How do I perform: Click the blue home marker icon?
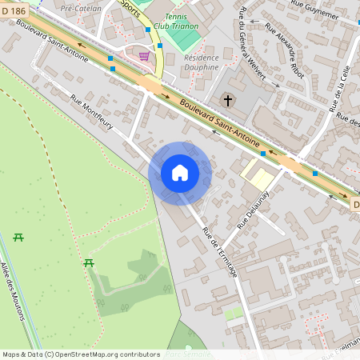[x=180, y=173]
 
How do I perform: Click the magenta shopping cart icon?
[x=144, y=56]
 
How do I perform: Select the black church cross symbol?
[x=228, y=101]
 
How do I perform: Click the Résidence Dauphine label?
[x=201, y=62]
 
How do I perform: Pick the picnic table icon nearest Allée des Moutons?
[x=18, y=237]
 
